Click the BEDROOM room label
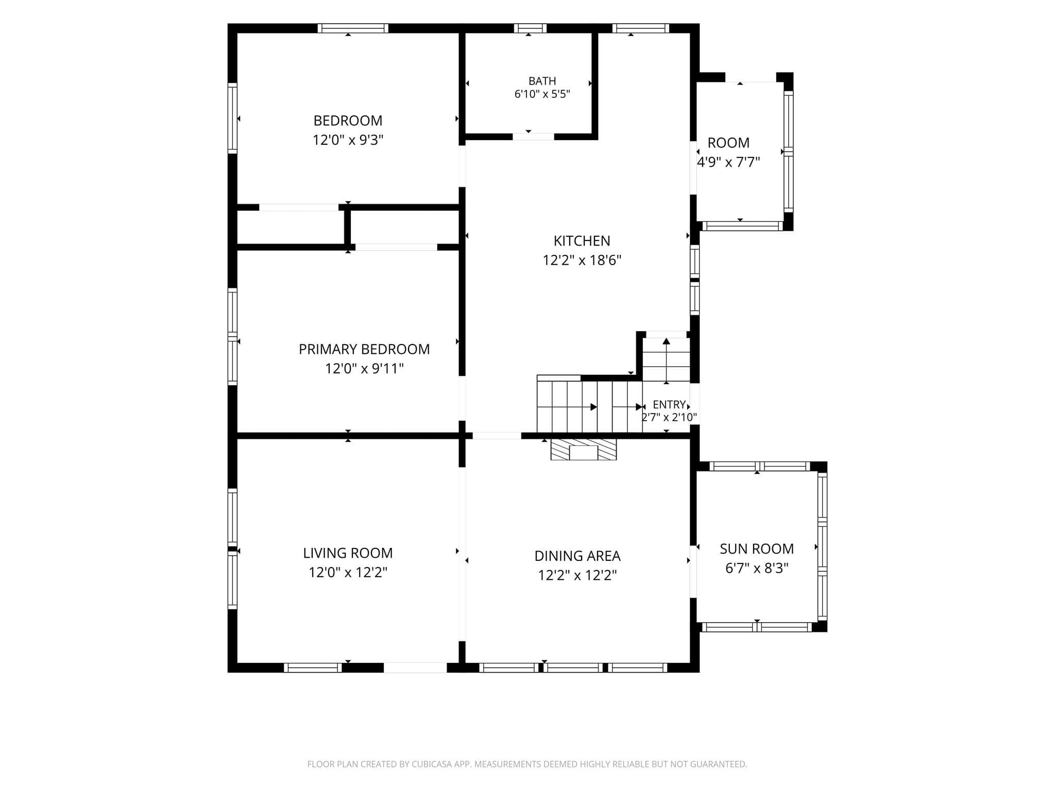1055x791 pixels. (348, 121)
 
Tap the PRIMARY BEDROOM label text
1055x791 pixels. (364, 349)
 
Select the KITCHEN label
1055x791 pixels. (582, 240)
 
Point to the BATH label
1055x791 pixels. (542, 81)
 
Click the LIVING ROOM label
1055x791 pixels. (348, 553)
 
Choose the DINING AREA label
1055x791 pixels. (577, 556)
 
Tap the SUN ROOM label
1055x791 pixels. (757, 549)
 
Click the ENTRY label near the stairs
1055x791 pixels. (669, 404)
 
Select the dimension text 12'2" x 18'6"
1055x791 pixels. (582, 260)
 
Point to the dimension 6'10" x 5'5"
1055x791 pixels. (542, 94)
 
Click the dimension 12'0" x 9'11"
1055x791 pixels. (364, 369)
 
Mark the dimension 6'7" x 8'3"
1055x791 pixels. (757, 568)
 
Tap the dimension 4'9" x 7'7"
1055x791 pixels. (728, 162)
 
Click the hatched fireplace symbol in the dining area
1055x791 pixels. (584, 450)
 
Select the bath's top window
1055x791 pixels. (530, 28)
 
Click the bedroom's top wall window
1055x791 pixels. (353, 28)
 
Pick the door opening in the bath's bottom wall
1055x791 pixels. (533, 136)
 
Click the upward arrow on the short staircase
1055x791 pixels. (667, 360)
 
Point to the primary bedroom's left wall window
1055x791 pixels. (232, 337)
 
